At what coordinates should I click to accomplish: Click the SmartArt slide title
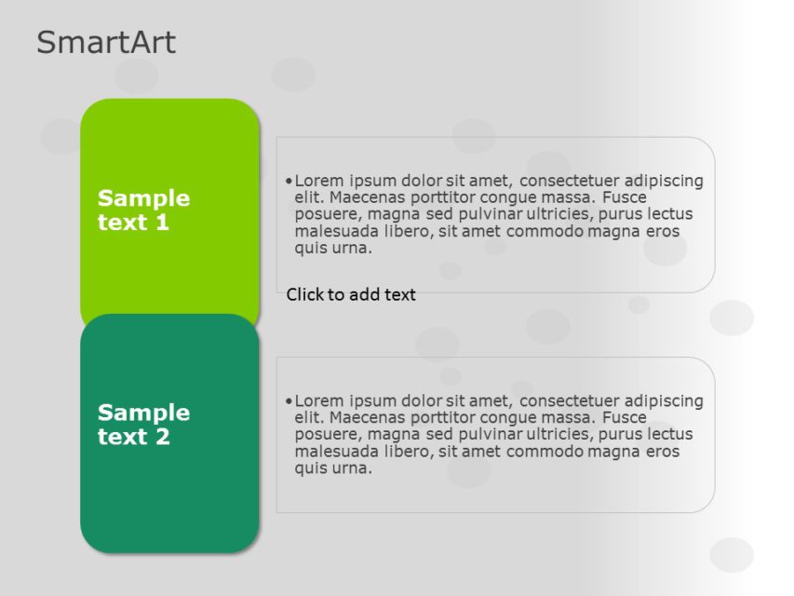click(106, 43)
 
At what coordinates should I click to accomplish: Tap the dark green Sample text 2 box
click(169, 494)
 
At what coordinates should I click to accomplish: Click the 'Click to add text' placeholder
click(351, 295)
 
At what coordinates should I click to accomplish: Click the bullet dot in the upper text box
click(289, 181)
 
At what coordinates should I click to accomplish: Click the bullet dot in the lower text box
click(289, 400)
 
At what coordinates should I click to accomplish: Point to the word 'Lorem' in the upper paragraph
click(318, 181)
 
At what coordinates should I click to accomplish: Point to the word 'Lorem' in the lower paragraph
click(318, 400)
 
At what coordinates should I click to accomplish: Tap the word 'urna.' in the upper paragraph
click(353, 249)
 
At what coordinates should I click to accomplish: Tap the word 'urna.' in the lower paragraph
click(353, 468)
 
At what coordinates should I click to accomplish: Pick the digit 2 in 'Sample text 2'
click(163, 438)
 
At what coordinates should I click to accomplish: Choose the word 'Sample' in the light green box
click(143, 198)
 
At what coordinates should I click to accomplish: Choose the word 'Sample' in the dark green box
click(143, 413)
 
